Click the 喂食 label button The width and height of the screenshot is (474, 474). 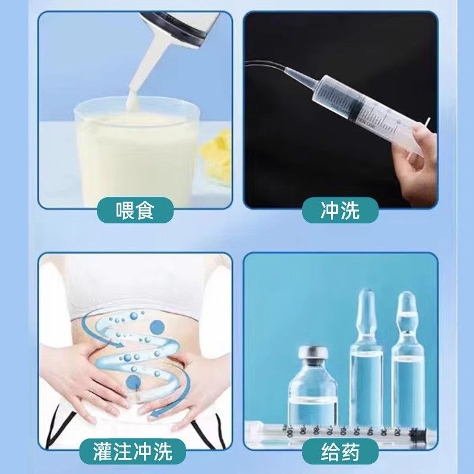point(135,210)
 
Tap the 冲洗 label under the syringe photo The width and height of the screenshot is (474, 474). point(340,210)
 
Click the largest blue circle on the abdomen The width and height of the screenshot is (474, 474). point(157,328)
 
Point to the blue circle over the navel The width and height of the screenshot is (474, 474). point(133,382)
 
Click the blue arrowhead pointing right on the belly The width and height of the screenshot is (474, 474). point(118,345)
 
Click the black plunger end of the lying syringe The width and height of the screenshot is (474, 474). point(417,434)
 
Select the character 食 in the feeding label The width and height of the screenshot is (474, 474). point(145,210)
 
